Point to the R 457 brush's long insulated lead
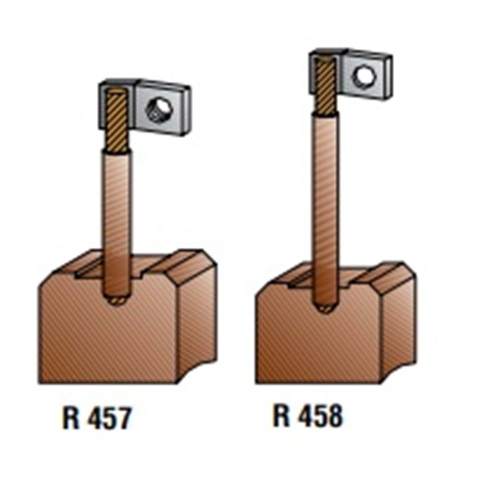[x=117, y=223]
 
